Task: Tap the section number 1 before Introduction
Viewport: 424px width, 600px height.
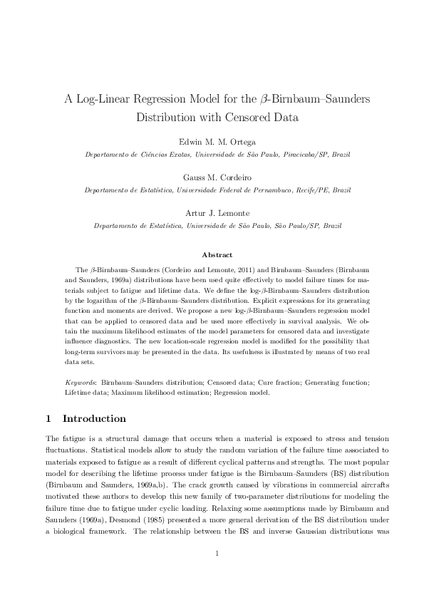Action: (x=48, y=418)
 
